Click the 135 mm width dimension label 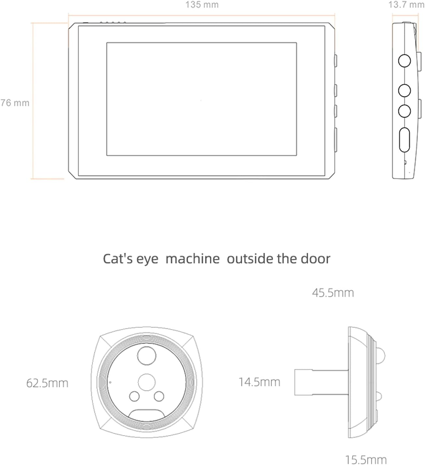tap(202, 5)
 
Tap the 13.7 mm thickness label tap(406, 5)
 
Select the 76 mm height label tap(15, 103)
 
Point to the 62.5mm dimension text tap(47, 383)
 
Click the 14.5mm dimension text tap(259, 382)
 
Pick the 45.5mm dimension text tap(333, 293)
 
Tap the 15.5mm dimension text tap(366, 460)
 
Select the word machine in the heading tap(193, 259)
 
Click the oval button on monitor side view tap(404, 140)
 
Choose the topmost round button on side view tap(404, 61)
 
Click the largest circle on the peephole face tap(147, 356)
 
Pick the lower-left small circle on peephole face tap(134, 396)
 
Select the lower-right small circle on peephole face tap(159, 396)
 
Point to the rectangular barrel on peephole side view tap(304, 382)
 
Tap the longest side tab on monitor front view tap(336, 140)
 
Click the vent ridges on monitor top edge tap(113, 23)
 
